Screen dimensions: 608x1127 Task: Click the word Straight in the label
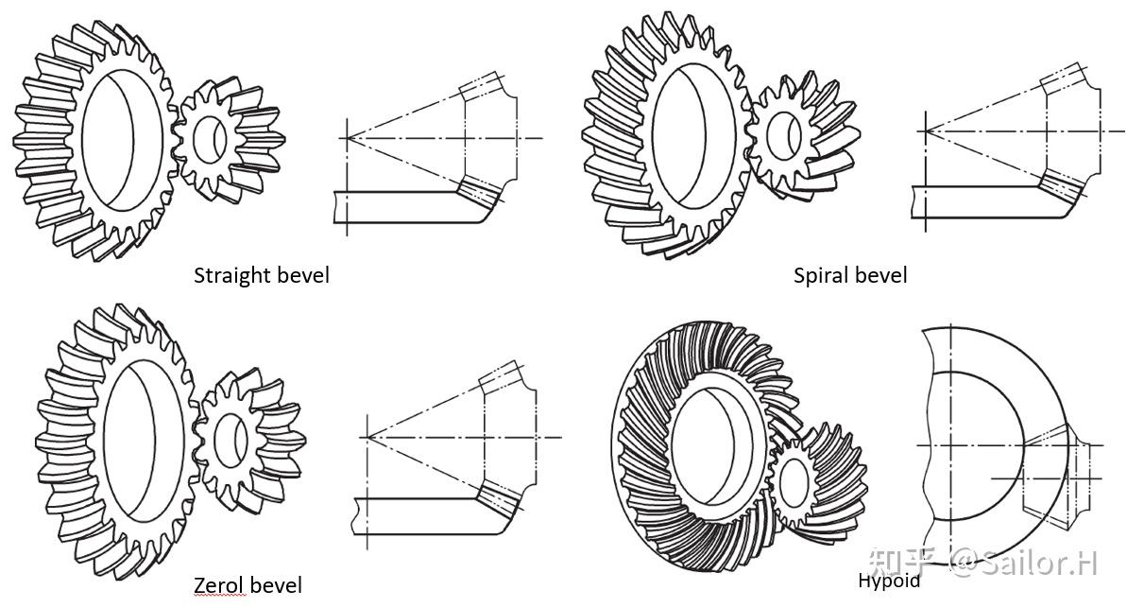231,275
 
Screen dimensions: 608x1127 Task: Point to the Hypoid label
888,581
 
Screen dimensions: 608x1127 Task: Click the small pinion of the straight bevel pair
230,138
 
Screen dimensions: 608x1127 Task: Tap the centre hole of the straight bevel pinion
209,138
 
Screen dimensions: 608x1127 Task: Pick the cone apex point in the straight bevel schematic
348,138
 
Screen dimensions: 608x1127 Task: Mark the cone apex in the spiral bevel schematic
925,129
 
